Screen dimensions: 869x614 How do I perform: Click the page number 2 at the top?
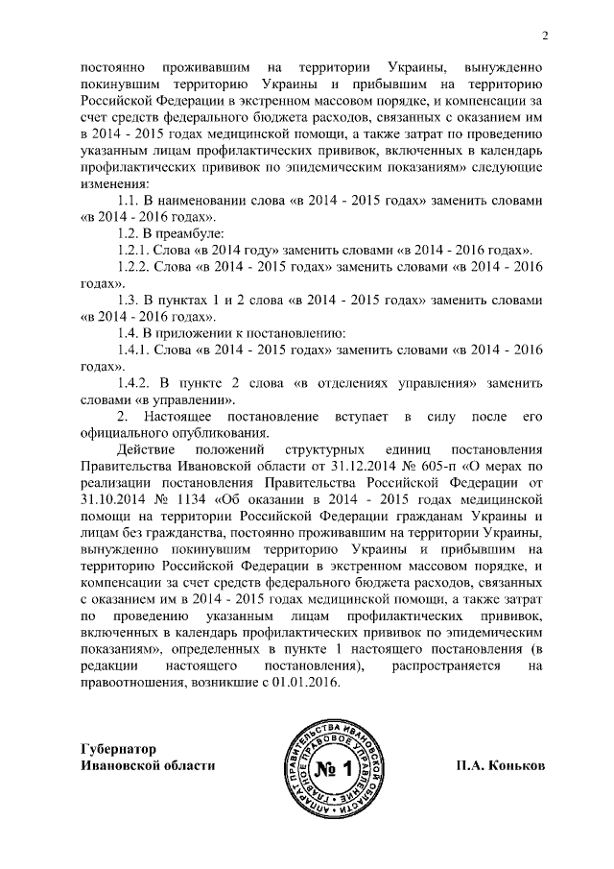click(x=544, y=37)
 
